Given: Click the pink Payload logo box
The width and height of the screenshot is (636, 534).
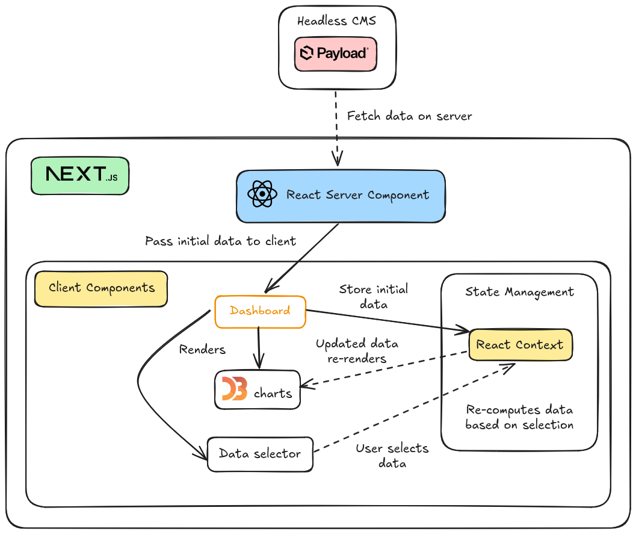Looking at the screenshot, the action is pos(335,54).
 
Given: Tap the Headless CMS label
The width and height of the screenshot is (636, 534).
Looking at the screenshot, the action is pos(336,20).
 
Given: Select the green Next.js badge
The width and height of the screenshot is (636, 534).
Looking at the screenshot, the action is pos(80,176).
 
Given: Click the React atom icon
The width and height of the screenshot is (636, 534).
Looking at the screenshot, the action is pos(262,194).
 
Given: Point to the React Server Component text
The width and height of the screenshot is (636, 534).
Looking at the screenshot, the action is pos(357,195).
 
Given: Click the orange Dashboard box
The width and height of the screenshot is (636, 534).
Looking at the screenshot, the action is pos(260,312).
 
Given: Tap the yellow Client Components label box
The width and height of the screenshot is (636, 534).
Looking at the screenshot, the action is pos(101,288).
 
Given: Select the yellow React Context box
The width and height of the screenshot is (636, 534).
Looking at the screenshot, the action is pos(520,345).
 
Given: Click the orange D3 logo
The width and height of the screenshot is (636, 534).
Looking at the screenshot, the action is pos(235,389).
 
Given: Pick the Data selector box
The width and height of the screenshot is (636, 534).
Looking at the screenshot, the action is pos(260,454).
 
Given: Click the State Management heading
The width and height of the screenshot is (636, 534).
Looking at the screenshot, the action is pos(519,292).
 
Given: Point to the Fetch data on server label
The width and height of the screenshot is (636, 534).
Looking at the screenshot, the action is pos(409,116).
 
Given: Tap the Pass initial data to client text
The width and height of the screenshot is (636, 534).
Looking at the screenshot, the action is pos(220,241).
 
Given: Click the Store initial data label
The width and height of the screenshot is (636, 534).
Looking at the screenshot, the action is pos(374,297).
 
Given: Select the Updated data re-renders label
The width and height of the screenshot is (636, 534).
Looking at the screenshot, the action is pos(357,351).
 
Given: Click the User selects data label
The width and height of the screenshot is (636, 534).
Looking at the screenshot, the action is pos(392,456).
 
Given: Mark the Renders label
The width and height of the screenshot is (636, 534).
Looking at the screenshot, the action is pos(202,349).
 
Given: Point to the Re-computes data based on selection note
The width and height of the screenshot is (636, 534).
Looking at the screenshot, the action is pos(519,417).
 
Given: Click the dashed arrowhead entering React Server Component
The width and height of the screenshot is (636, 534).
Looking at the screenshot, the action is pos(337,159).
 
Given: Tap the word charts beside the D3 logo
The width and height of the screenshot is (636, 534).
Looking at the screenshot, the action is pos(273,393).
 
